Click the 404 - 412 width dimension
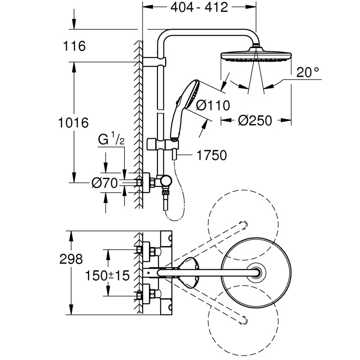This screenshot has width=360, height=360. pos(199,8)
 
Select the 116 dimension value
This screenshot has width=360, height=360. pos(75,46)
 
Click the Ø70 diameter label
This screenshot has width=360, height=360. pos(104,182)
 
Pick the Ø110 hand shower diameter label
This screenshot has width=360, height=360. pos(213,105)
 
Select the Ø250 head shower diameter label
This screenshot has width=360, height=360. pos(255,121)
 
